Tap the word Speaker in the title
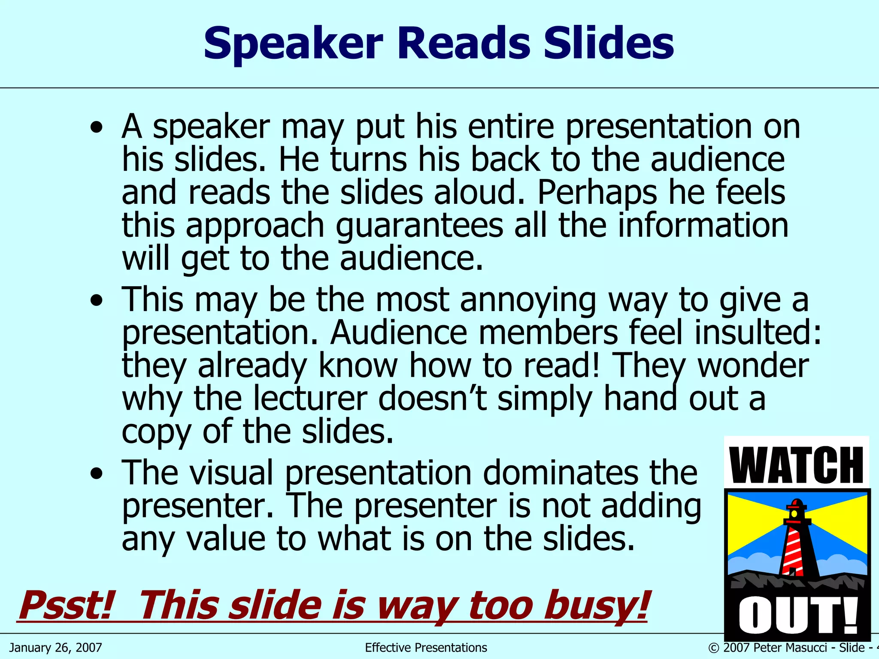[x=293, y=44]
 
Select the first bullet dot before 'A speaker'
[x=97, y=127]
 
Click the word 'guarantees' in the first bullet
[x=419, y=226]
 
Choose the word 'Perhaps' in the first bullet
[x=597, y=193]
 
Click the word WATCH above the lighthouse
[x=796, y=465]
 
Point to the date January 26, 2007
[x=56, y=647]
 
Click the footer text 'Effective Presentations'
[x=426, y=647]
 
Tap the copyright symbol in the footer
[x=713, y=648]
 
